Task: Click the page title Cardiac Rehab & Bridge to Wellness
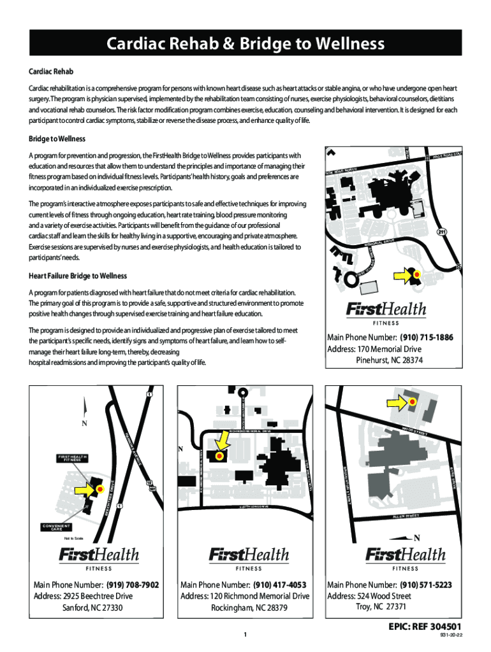pos(245,44)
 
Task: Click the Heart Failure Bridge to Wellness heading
pos(78,276)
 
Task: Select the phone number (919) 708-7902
pos(133,585)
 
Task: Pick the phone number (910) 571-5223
pos(427,585)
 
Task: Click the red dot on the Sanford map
pos(99,489)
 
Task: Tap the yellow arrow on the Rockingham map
pos(223,442)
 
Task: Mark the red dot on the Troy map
pos(412,402)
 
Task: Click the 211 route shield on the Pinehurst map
pos(441,232)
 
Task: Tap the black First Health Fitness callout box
pos(71,458)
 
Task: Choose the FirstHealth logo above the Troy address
pos(405,556)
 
